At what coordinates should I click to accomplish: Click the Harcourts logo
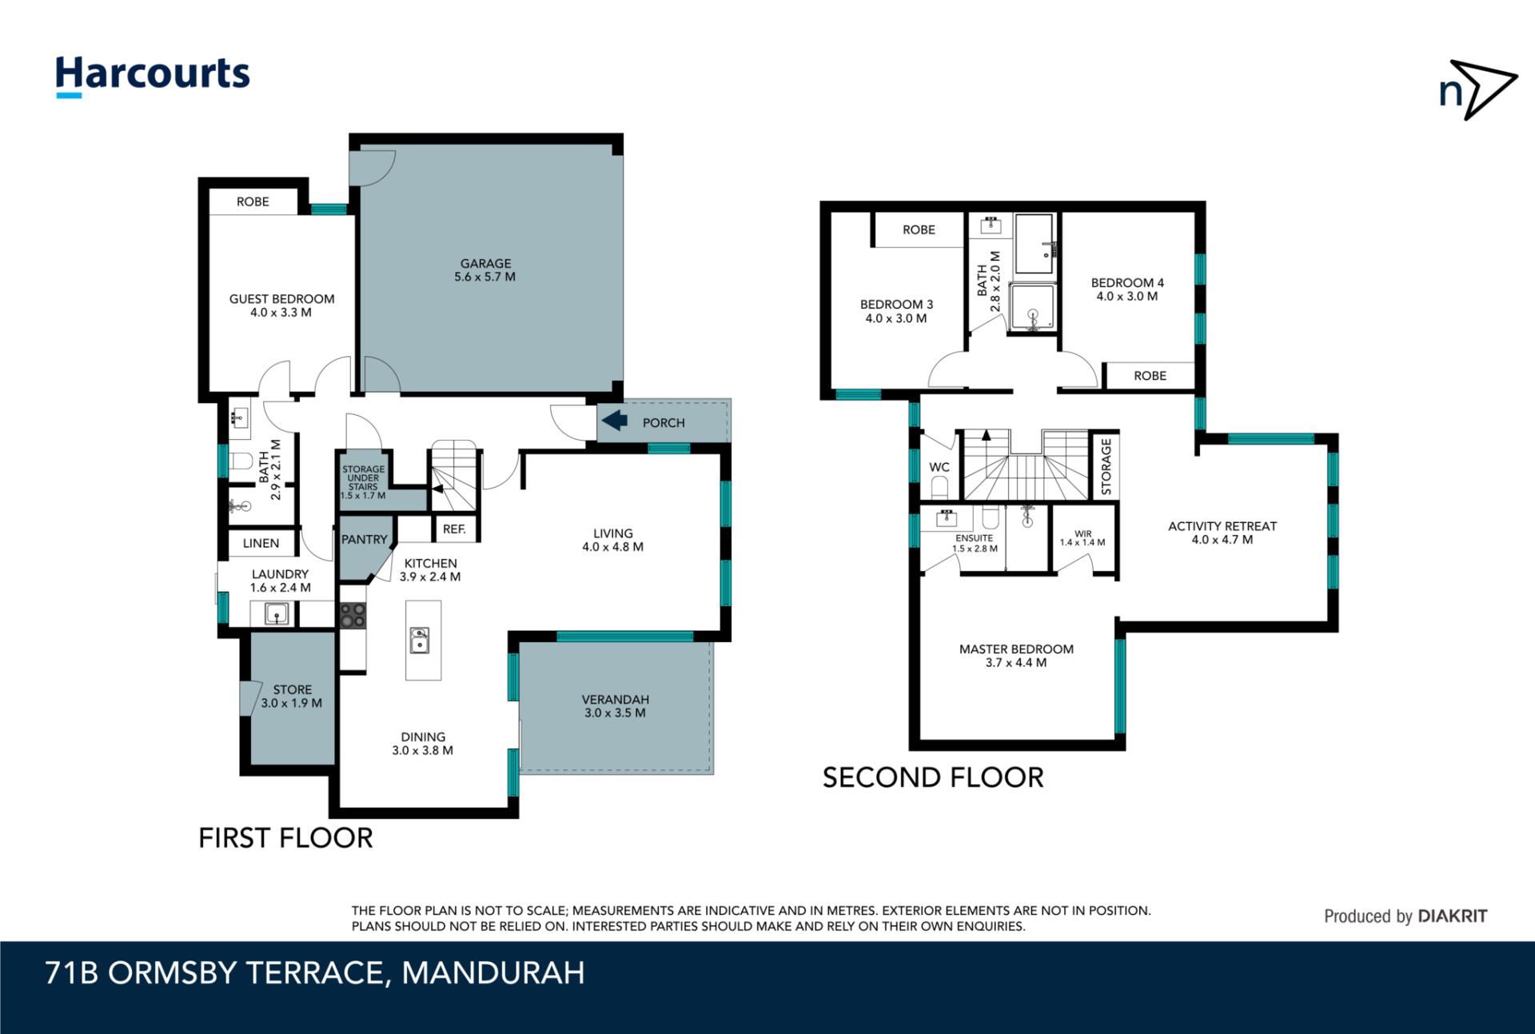(152, 77)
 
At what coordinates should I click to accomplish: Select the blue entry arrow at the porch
(614, 421)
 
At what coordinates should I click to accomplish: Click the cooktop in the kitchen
(353, 616)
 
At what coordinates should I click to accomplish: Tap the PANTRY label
(365, 540)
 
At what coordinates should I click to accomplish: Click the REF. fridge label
(454, 529)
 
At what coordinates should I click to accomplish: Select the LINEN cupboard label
(261, 544)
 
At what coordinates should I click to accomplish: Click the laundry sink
(276, 614)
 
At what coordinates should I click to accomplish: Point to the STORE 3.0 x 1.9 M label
(292, 697)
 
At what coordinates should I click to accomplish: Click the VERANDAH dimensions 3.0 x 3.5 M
(615, 713)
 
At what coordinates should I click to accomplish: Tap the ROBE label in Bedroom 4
(1150, 376)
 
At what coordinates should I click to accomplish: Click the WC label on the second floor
(939, 468)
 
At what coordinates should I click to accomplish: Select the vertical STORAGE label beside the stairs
(1106, 467)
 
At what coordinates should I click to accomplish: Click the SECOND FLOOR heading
(933, 778)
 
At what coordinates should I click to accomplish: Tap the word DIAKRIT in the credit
(1453, 916)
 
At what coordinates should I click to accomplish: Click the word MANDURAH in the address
(493, 973)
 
